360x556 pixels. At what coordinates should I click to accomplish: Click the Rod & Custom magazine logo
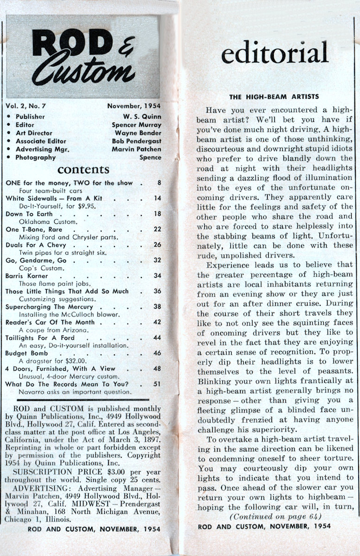tap(83, 57)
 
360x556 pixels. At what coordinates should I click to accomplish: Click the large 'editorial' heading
tap(275, 52)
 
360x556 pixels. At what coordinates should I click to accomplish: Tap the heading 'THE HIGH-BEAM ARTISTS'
tap(274, 96)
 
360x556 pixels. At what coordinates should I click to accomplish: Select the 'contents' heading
tap(83, 169)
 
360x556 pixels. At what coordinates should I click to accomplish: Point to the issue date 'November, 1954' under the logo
tap(134, 106)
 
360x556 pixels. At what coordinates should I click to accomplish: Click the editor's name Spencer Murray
tap(137, 125)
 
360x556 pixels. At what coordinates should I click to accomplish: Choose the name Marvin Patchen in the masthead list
tap(137, 149)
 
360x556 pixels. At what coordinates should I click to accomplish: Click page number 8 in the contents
tap(159, 183)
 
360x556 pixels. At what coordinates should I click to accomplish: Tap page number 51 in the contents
tap(158, 384)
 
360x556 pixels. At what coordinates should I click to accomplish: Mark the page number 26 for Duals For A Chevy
tap(158, 245)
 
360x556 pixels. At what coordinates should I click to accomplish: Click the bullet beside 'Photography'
tap(9, 158)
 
